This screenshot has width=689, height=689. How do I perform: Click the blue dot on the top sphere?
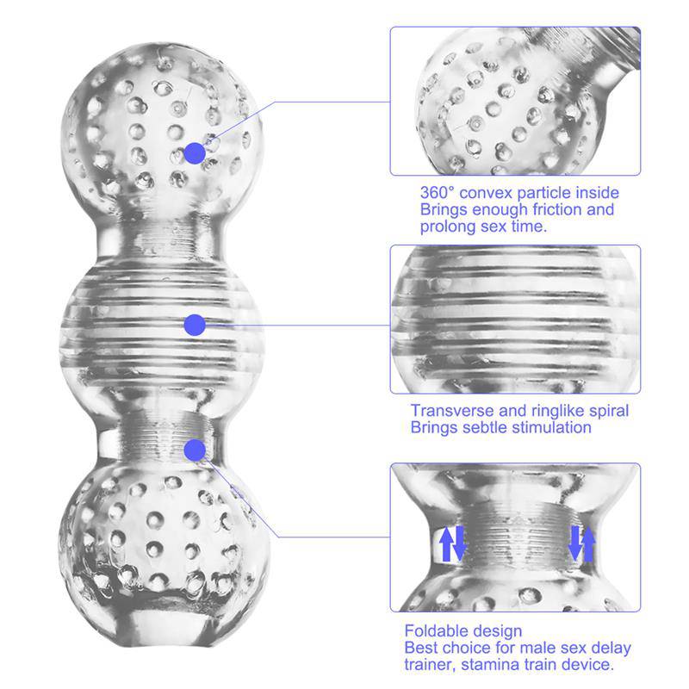point(195,154)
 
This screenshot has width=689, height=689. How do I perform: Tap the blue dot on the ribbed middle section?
point(195,325)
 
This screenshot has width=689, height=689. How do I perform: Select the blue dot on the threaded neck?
point(195,450)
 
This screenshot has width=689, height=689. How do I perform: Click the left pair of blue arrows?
point(452,543)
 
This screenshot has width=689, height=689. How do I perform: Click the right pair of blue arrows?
point(583,543)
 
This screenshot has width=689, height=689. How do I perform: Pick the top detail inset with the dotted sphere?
point(515,101)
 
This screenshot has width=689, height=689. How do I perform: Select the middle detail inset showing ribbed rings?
point(515,320)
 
